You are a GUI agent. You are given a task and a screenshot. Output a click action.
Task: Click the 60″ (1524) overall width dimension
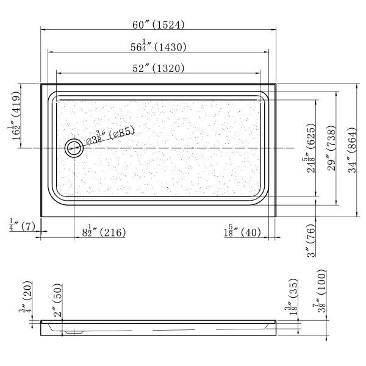coord(158,24)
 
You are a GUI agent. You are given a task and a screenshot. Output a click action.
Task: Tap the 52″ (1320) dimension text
coord(158,68)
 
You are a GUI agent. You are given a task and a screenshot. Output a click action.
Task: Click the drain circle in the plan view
coord(74,148)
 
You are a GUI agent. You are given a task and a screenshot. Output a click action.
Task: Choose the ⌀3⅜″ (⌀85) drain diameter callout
coord(110,135)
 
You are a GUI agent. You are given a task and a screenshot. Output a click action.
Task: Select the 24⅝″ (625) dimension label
coord(311,148)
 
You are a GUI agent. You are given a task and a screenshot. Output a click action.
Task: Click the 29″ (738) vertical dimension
coord(331,148)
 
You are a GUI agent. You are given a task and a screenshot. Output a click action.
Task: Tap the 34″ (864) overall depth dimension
coord(352,150)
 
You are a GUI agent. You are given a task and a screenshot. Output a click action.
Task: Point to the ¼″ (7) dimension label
coord(22,225)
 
